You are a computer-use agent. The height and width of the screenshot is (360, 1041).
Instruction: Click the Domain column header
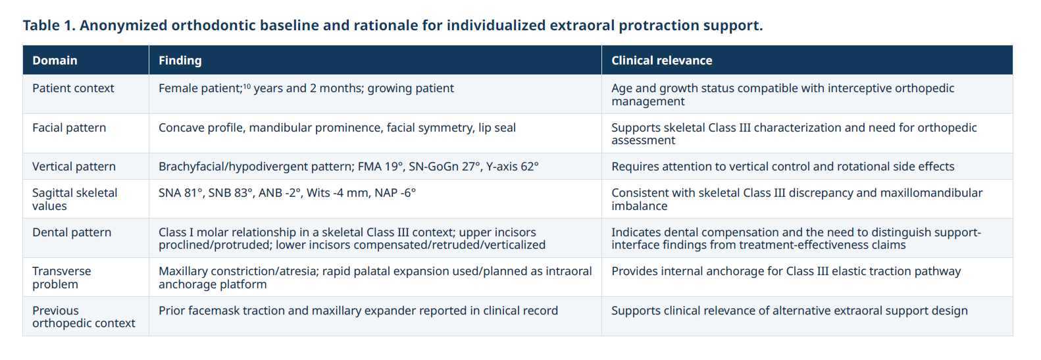pyautogui.click(x=55, y=61)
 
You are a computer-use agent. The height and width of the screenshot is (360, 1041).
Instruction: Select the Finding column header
pyautogui.click(x=180, y=61)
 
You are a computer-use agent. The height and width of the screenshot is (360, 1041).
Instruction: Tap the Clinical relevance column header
pyautogui.click(x=661, y=61)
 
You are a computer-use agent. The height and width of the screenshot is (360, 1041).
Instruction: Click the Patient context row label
pyautogui.click(x=73, y=88)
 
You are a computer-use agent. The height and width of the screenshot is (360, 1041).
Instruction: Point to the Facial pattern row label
pyautogui.click(x=69, y=128)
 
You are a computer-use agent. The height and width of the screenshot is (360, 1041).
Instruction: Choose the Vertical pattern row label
pyautogui.click(x=74, y=167)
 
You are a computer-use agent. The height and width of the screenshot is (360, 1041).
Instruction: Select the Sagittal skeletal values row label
pyautogui.click(x=74, y=199)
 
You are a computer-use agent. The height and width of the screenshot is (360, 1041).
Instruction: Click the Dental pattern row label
pyautogui.click(x=72, y=232)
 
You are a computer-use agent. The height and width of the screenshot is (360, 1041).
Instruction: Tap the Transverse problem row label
pyautogui.click(x=61, y=277)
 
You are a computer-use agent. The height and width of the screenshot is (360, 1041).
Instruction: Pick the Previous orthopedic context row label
pyautogui.click(x=84, y=317)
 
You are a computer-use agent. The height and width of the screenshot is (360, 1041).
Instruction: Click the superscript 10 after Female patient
pyautogui.click(x=247, y=86)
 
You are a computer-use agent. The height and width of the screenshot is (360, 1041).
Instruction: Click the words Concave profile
pyautogui.click(x=201, y=128)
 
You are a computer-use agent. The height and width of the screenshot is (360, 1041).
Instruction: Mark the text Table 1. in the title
pyautogui.click(x=49, y=25)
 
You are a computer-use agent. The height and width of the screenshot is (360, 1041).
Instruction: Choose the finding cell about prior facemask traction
pyautogui.click(x=358, y=311)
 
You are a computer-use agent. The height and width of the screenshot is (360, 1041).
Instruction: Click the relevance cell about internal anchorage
pyautogui.click(x=786, y=271)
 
